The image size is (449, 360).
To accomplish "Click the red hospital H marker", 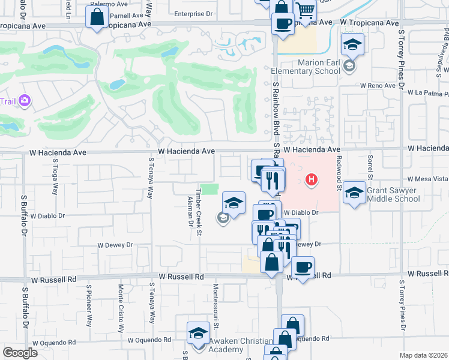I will [311, 179].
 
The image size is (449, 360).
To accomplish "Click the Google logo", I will [20, 353].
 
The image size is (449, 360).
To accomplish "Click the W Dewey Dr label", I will [115, 245].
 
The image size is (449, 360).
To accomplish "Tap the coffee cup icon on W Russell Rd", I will [303, 266].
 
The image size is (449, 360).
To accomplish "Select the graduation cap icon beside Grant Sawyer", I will [354, 192].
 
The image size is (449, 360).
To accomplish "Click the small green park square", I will [209, 190].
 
